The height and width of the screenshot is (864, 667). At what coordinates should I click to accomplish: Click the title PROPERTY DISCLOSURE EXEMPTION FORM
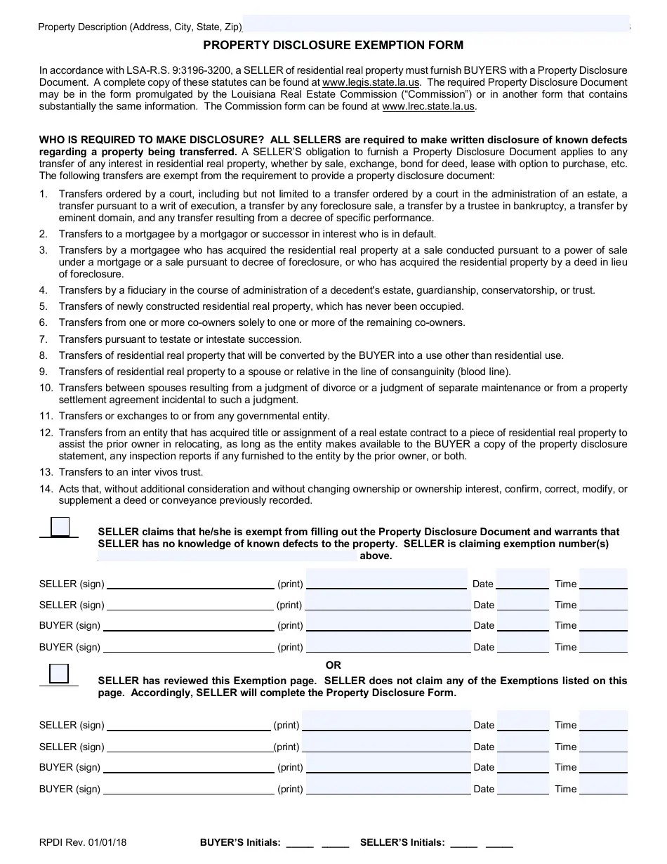(333, 46)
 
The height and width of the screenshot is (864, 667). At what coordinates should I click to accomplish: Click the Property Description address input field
(435, 25)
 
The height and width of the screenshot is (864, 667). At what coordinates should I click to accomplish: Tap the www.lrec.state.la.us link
(428, 106)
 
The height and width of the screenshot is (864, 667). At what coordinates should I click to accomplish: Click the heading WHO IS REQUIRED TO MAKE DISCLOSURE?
(141, 140)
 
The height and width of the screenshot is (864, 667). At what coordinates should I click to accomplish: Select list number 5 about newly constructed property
(44, 306)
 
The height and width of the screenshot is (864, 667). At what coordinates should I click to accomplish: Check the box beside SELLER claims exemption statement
(60, 527)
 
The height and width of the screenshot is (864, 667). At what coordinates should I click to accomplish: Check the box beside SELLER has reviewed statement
(60, 674)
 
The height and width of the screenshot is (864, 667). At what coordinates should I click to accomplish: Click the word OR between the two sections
(333, 665)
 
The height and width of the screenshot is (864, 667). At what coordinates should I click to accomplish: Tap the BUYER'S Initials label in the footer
(240, 842)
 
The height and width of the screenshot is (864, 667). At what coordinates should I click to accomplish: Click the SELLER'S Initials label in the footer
(402, 842)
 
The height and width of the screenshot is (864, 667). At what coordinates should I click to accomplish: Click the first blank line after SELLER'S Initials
(463, 844)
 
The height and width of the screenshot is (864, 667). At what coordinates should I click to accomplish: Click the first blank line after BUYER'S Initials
(300, 844)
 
